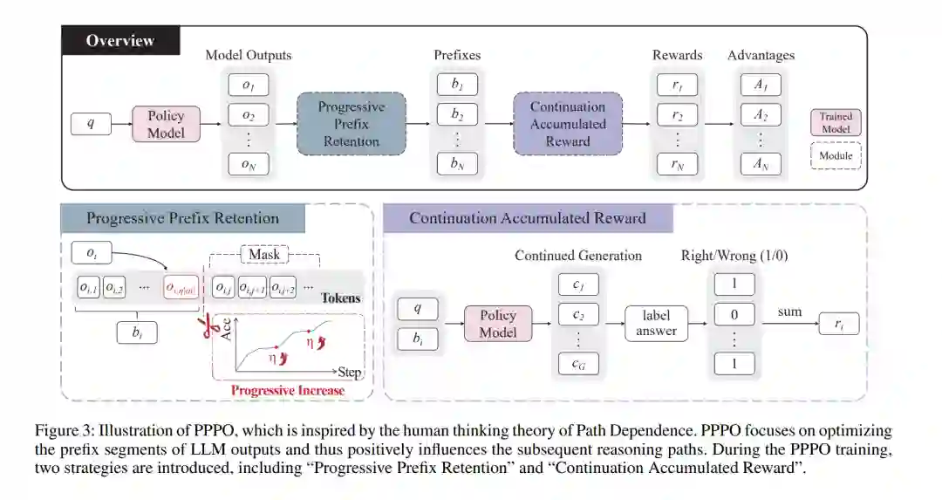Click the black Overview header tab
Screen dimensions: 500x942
120,40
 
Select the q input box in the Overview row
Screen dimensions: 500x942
91,124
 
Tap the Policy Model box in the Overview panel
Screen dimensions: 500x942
166,124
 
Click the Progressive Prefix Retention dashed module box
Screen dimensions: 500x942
351,124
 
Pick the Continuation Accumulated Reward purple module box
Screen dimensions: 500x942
568,124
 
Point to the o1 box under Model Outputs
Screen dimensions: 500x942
249,86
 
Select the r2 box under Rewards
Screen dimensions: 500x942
677,114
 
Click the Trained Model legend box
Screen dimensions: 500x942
836,123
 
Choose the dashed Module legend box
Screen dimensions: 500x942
836,157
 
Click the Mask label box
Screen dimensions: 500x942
264,254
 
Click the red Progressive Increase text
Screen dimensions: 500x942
288,390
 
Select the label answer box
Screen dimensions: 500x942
657,323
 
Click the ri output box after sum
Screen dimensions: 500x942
839,325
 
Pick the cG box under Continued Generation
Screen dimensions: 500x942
577,364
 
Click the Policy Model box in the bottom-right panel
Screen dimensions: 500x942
498,323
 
